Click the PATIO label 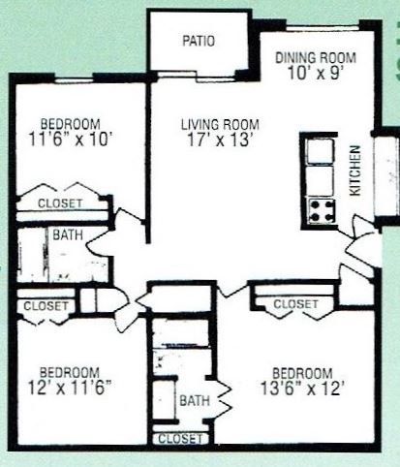(199, 42)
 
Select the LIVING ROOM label (219, 124)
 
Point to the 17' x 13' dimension (219, 140)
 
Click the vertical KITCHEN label (355, 171)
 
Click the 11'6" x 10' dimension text (72, 139)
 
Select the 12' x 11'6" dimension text (70, 388)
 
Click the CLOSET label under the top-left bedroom (60, 203)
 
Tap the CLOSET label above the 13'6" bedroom (295, 304)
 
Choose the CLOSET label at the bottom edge (179, 439)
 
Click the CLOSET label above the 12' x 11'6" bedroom (46, 306)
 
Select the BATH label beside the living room (67, 235)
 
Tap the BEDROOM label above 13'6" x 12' (302, 373)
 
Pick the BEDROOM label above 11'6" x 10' (71, 123)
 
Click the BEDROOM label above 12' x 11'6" (70, 371)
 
